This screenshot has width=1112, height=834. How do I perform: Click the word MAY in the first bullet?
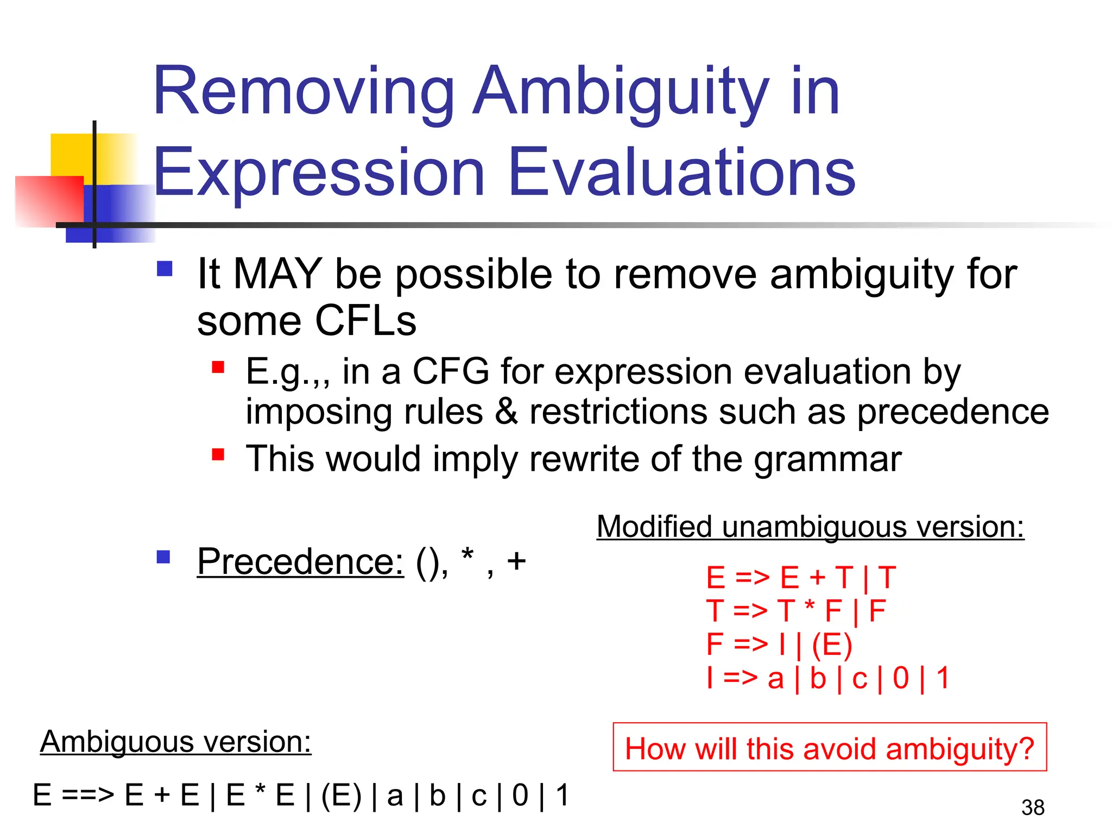tap(277, 274)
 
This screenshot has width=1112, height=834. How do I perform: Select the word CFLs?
tap(365, 321)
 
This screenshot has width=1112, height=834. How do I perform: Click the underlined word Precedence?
tap(300, 561)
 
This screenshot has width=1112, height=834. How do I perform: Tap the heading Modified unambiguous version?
tap(810, 527)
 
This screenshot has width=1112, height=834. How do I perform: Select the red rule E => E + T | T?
tap(800, 577)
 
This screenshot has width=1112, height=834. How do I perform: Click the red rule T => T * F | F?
tap(796, 611)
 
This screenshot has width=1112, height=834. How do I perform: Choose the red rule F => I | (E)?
tap(779, 645)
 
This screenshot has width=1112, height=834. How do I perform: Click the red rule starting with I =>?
tap(827, 678)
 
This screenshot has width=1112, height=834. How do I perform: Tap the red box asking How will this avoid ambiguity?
tap(829, 748)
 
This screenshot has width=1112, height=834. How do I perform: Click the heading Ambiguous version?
tap(175, 742)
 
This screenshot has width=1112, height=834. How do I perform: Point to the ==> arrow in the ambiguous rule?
tap(87, 795)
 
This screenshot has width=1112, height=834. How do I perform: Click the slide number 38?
tap(1032, 808)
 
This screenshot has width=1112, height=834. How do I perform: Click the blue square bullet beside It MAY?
tap(165, 269)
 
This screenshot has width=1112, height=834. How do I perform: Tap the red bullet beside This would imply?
tap(218, 454)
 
